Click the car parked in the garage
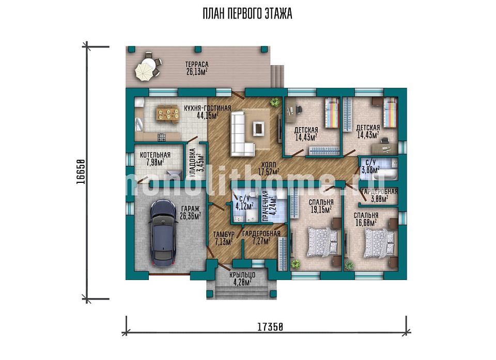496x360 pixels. (163, 233)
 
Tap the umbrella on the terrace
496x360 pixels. (144, 71)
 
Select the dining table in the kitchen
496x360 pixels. (168, 114)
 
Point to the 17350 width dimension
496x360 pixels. (270, 326)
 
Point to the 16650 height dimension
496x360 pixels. (81, 171)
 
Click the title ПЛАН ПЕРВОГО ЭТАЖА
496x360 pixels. (247, 14)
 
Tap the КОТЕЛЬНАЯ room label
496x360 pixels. (155, 155)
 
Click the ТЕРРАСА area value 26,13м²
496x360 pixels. (197, 72)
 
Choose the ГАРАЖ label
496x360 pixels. (190, 209)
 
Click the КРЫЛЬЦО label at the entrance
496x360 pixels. (242, 275)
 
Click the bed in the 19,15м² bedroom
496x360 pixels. (322, 242)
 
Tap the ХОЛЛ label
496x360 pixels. (269, 165)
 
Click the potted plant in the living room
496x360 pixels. (275, 102)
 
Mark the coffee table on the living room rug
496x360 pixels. (259, 128)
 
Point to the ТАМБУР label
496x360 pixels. (224, 234)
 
